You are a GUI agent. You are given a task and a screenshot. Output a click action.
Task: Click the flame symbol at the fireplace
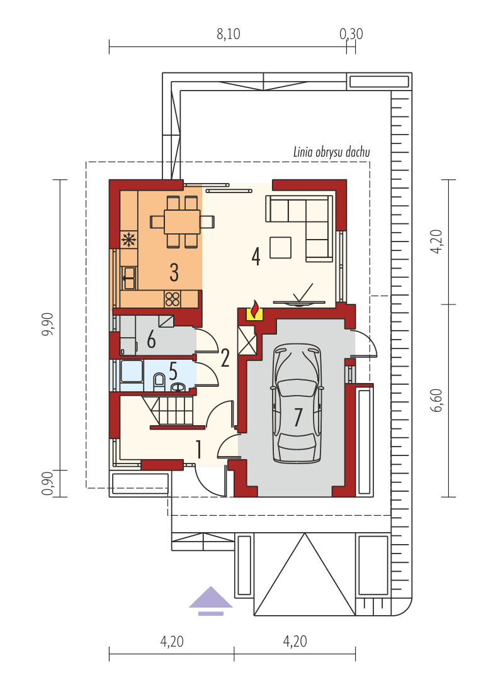(x=255, y=309)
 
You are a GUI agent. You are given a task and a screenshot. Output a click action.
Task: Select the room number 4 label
(x=256, y=256)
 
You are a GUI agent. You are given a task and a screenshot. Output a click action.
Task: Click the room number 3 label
(x=174, y=272)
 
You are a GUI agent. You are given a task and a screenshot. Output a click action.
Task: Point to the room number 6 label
(x=151, y=340)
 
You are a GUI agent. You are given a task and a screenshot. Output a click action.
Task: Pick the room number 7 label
(x=298, y=416)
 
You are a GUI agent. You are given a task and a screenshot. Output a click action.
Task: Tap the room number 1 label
(x=199, y=450)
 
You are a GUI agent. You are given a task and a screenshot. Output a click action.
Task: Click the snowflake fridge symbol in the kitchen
(x=128, y=239)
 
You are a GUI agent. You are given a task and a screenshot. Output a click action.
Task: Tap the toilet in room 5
(x=159, y=379)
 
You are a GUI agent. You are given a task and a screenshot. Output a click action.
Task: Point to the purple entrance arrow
(x=210, y=600)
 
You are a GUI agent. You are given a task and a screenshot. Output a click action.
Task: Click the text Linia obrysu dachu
(x=331, y=152)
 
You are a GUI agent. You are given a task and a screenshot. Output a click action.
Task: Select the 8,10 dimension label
(x=228, y=35)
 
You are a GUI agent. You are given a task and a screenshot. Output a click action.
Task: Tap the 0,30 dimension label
(x=351, y=35)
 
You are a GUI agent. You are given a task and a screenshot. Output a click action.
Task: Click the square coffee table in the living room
(x=281, y=247)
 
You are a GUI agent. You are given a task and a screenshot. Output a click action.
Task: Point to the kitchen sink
(x=128, y=276)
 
